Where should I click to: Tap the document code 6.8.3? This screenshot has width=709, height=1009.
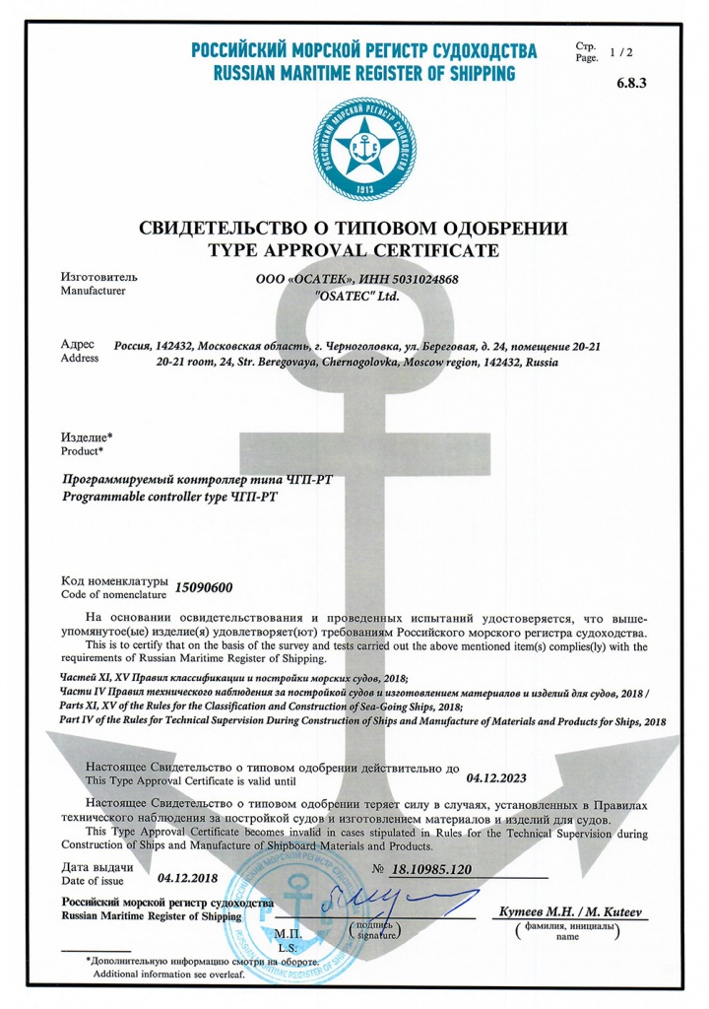tap(631, 84)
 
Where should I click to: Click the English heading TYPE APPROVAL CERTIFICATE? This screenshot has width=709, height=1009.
tap(355, 250)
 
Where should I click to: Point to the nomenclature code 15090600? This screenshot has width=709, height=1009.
tap(203, 588)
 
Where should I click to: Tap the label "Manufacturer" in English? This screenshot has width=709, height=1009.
tap(94, 293)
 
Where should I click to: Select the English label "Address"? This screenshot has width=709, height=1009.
tap(80, 359)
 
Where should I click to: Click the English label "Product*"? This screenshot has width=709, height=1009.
tap(82, 450)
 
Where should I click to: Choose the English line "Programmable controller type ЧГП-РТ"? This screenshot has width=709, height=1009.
tap(170, 498)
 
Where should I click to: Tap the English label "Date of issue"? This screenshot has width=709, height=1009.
tap(94, 880)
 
